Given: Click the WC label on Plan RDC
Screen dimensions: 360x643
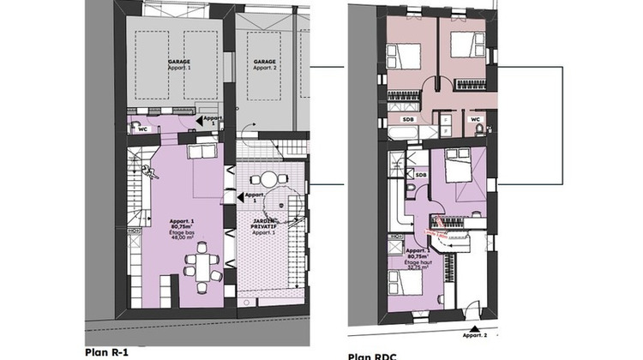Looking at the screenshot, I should click(475, 119).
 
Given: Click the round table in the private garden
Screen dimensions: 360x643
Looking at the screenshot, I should click(271, 179).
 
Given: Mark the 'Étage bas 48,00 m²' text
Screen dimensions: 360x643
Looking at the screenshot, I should click(179, 238).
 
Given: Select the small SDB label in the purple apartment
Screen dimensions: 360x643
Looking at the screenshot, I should click(421, 175).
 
